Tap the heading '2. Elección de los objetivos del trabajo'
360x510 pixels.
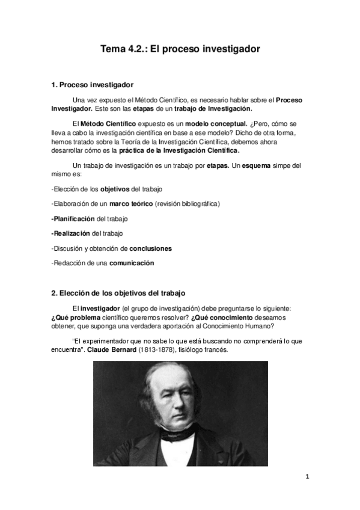pyautogui.click(x=118, y=293)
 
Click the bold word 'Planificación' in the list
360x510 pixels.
pyautogui.click(x=73, y=218)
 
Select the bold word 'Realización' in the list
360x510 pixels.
pyautogui.click(x=72, y=233)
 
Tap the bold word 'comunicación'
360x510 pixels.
pyautogui.click(x=132, y=263)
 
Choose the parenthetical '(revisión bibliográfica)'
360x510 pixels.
pyautogui.click(x=187, y=204)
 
